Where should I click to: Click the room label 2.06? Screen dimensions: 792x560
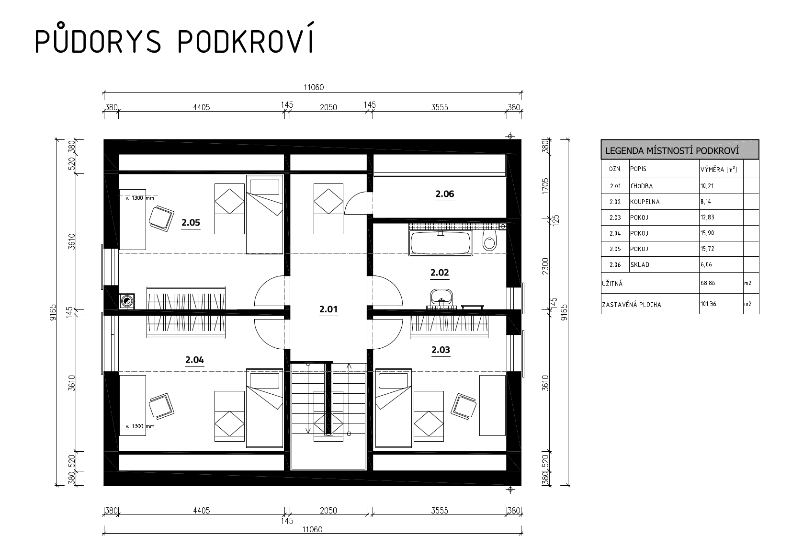coord(444,194)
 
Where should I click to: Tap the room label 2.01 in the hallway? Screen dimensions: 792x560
coord(328,309)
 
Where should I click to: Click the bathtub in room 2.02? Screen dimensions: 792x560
coord(441,243)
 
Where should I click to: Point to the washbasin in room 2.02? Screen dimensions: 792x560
coord(441,297)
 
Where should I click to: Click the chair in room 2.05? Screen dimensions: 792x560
coord(161,218)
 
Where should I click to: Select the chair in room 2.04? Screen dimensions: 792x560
coord(161,406)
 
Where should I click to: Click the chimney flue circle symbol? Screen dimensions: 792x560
coord(126,301)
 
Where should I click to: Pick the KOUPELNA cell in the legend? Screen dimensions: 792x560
coord(645,202)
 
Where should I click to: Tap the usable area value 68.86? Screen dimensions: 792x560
coord(708,283)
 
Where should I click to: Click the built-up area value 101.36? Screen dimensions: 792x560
coord(709,304)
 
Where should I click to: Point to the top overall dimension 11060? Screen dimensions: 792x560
coord(314,87)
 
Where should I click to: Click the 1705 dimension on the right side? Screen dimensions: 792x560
coord(545,186)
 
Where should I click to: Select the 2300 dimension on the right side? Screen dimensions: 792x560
coord(545,266)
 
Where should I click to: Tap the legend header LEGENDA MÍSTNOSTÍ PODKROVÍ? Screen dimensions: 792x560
coord(672,151)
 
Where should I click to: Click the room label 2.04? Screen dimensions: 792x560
coord(194,360)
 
